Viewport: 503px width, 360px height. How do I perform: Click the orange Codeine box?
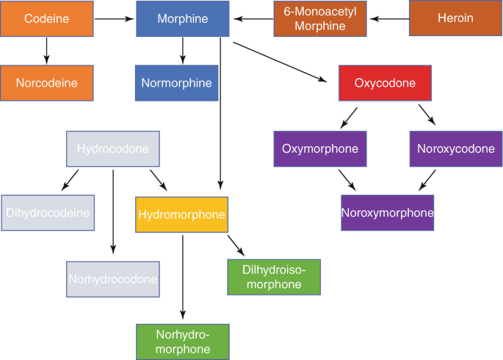pyautogui.click(x=47, y=18)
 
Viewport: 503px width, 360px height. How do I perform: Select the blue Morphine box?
pyautogui.click(x=183, y=18)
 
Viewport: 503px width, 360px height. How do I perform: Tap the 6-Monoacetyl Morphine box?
pyautogui.click(x=319, y=18)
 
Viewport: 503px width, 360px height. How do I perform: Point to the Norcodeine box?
pyautogui.click(x=47, y=83)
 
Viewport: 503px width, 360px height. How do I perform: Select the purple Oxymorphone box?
pyautogui.click(x=319, y=149)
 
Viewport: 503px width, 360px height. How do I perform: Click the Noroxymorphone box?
pyautogui.click(x=387, y=213)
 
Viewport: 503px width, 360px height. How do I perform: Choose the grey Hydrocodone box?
pyautogui.click(x=113, y=149)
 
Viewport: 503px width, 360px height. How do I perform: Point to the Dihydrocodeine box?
pyautogui.click(x=48, y=213)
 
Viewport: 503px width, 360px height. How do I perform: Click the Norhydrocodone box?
pyautogui.click(x=112, y=278)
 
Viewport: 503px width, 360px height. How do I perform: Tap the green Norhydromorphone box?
pyautogui.click(x=183, y=341)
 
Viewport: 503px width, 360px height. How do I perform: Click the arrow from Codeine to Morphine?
pyautogui.click(x=115, y=18)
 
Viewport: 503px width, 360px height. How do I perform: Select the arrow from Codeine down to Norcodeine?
pyautogui.click(x=47, y=50)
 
